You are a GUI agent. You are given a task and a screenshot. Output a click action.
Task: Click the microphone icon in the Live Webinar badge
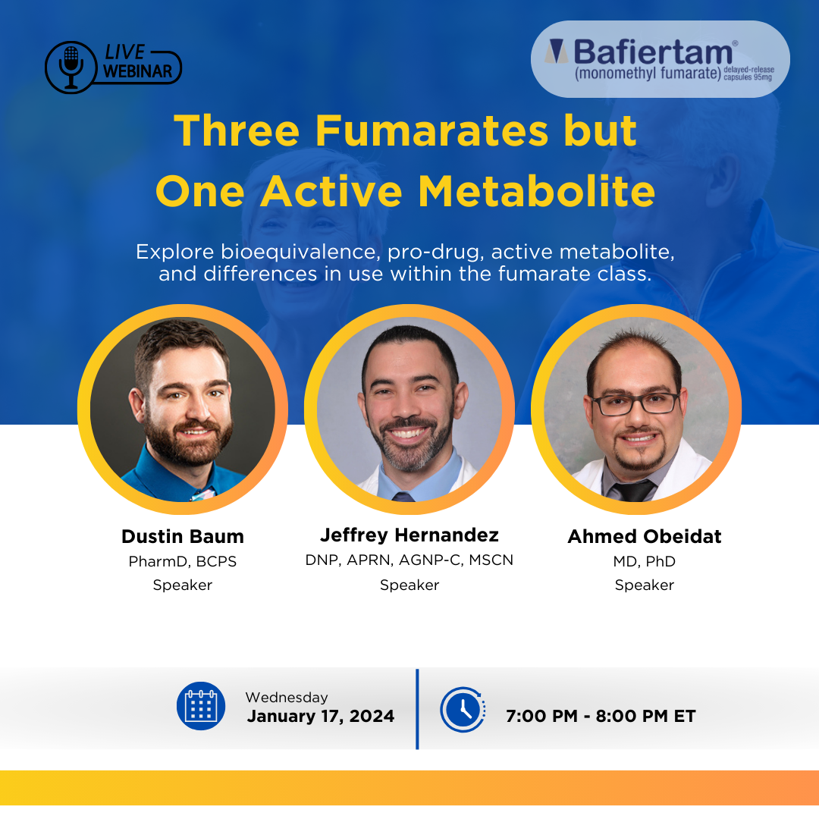71,67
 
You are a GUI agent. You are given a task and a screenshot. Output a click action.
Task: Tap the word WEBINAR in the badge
137,71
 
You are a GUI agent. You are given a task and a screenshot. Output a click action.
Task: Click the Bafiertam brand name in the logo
653,52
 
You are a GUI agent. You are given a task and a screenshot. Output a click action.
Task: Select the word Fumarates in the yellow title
432,130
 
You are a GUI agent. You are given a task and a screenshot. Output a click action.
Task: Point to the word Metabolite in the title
536,191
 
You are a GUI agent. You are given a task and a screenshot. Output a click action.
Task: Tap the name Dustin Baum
183,536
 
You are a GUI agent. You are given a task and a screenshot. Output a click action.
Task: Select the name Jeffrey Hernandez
409,535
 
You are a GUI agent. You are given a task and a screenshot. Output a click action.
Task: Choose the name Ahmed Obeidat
645,536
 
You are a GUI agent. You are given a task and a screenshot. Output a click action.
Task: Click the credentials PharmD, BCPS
183,561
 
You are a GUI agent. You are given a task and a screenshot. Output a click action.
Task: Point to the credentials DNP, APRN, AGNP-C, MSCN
409,560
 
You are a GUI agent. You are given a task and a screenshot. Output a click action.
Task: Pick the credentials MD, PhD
645,561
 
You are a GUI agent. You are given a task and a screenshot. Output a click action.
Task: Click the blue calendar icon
201,706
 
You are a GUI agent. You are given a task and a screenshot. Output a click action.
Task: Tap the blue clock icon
463,709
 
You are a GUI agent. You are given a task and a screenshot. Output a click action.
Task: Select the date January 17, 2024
321,716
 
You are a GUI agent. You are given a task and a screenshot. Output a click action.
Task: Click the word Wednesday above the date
287,698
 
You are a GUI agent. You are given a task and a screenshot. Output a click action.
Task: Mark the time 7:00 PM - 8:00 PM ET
601,716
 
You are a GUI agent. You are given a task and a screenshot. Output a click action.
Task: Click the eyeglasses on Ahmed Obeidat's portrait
635,403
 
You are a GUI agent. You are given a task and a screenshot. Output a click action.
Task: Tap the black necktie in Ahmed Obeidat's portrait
633,491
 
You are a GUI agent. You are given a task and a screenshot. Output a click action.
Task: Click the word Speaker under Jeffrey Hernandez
409,585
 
